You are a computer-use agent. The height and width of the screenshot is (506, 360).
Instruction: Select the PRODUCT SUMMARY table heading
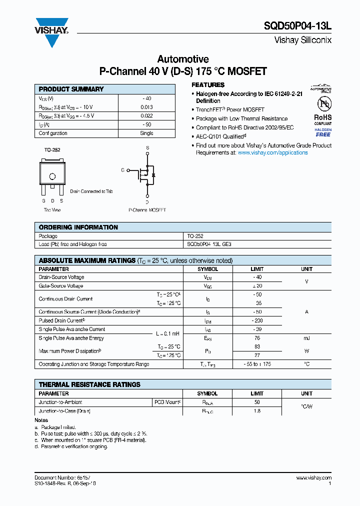point(71,89)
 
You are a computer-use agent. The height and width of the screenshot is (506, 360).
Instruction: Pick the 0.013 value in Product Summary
point(147,107)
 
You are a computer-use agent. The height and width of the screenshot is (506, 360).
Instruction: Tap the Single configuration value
point(147,133)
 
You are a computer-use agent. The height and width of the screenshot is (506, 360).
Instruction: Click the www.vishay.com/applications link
point(272,152)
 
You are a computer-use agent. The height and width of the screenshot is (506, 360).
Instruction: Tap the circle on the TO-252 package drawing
point(52,176)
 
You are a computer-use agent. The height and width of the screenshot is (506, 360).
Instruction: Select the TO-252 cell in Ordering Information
point(195,236)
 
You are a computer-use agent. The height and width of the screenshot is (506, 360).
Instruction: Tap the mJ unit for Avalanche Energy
point(306,338)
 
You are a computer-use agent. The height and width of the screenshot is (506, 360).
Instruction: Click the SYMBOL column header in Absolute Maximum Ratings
point(207,269)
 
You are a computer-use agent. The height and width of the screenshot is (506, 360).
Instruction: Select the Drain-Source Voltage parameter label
point(61,277)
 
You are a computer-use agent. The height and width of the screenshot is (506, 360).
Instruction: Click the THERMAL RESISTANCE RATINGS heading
point(89,384)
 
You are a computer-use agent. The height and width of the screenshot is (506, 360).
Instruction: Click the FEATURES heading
point(208,85)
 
